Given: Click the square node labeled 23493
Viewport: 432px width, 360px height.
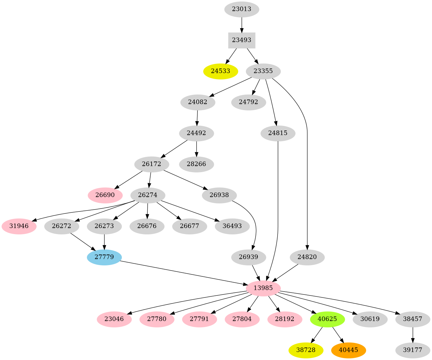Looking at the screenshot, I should [x=242, y=40].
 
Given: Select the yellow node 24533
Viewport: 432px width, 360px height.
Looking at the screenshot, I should [x=221, y=71].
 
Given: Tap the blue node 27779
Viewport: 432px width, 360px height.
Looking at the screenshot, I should [x=104, y=257].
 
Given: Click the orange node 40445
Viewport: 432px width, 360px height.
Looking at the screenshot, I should [x=348, y=350].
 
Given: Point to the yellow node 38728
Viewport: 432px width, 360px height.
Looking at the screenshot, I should [x=306, y=350].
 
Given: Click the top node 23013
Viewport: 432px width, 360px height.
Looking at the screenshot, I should [x=242, y=9].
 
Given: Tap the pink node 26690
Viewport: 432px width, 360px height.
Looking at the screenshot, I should [x=105, y=195].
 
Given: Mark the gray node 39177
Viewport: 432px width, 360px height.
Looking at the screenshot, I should [x=413, y=350].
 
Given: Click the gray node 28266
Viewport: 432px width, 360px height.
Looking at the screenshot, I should [x=196, y=164].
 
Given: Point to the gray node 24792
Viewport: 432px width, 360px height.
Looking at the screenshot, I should [x=248, y=102].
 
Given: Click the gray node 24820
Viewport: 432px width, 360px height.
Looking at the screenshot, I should [x=307, y=257].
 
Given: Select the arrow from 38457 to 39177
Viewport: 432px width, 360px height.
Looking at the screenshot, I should [x=413, y=335].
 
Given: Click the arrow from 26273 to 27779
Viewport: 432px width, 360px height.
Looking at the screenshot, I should [x=104, y=242].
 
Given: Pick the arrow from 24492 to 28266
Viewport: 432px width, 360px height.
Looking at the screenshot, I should [x=196, y=149].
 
